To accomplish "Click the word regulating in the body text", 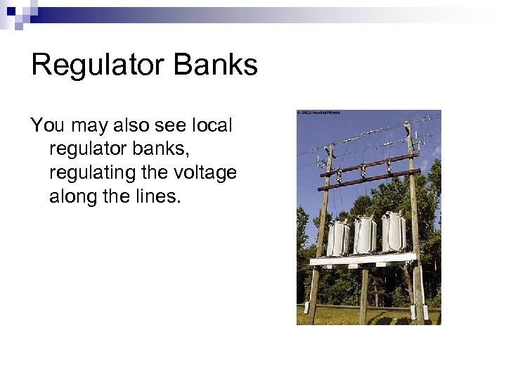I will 85,173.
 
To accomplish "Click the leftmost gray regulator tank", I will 338,237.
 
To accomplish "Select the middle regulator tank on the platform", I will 365,234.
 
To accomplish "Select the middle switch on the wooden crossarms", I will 363,170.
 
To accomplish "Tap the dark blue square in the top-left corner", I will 11,10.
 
